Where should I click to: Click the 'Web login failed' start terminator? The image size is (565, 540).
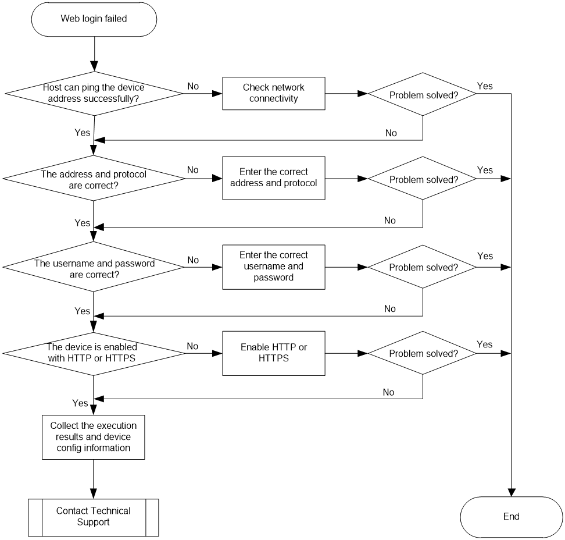click(94, 19)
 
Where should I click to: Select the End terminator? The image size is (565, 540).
click(512, 517)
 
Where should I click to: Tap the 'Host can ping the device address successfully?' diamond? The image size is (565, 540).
click(94, 94)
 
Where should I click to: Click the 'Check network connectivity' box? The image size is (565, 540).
click(274, 94)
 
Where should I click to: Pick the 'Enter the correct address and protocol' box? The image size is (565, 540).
click(274, 178)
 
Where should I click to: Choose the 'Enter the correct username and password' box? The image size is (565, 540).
click(274, 267)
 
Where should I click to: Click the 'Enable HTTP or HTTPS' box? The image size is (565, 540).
click(274, 353)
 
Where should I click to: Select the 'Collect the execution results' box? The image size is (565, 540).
click(94, 437)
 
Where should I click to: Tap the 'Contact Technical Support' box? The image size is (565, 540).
click(94, 517)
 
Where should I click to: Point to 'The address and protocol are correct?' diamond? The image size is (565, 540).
click(94, 178)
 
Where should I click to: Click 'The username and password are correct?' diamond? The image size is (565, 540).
click(94, 267)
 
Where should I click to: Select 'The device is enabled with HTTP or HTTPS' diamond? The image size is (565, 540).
click(94, 354)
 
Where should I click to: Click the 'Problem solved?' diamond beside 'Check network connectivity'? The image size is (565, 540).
click(423, 94)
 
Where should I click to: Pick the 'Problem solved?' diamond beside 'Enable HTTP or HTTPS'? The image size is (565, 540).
click(423, 353)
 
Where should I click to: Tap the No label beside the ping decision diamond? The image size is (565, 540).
click(193, 86)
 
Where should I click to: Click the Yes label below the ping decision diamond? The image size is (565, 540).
click(82, 133)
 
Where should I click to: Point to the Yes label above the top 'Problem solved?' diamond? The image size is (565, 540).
click(485, 86)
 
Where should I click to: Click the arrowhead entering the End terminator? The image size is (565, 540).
click(512, 492)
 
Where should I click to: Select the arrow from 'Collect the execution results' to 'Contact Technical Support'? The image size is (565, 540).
click(94, 479)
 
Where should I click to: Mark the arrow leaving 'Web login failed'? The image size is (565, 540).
click(94, 54)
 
